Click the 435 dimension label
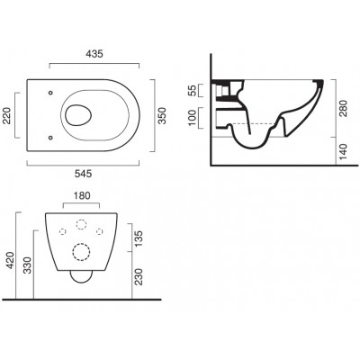point(94,54)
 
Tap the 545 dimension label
point(83,174)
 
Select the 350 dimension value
point(162,115)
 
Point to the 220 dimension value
point(6,115)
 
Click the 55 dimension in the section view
point(193,90)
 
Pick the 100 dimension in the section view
point(193,118)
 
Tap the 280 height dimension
point(343,109)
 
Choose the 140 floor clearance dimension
point(343,151)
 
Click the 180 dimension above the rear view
point(82,195)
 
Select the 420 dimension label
point(11,260)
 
